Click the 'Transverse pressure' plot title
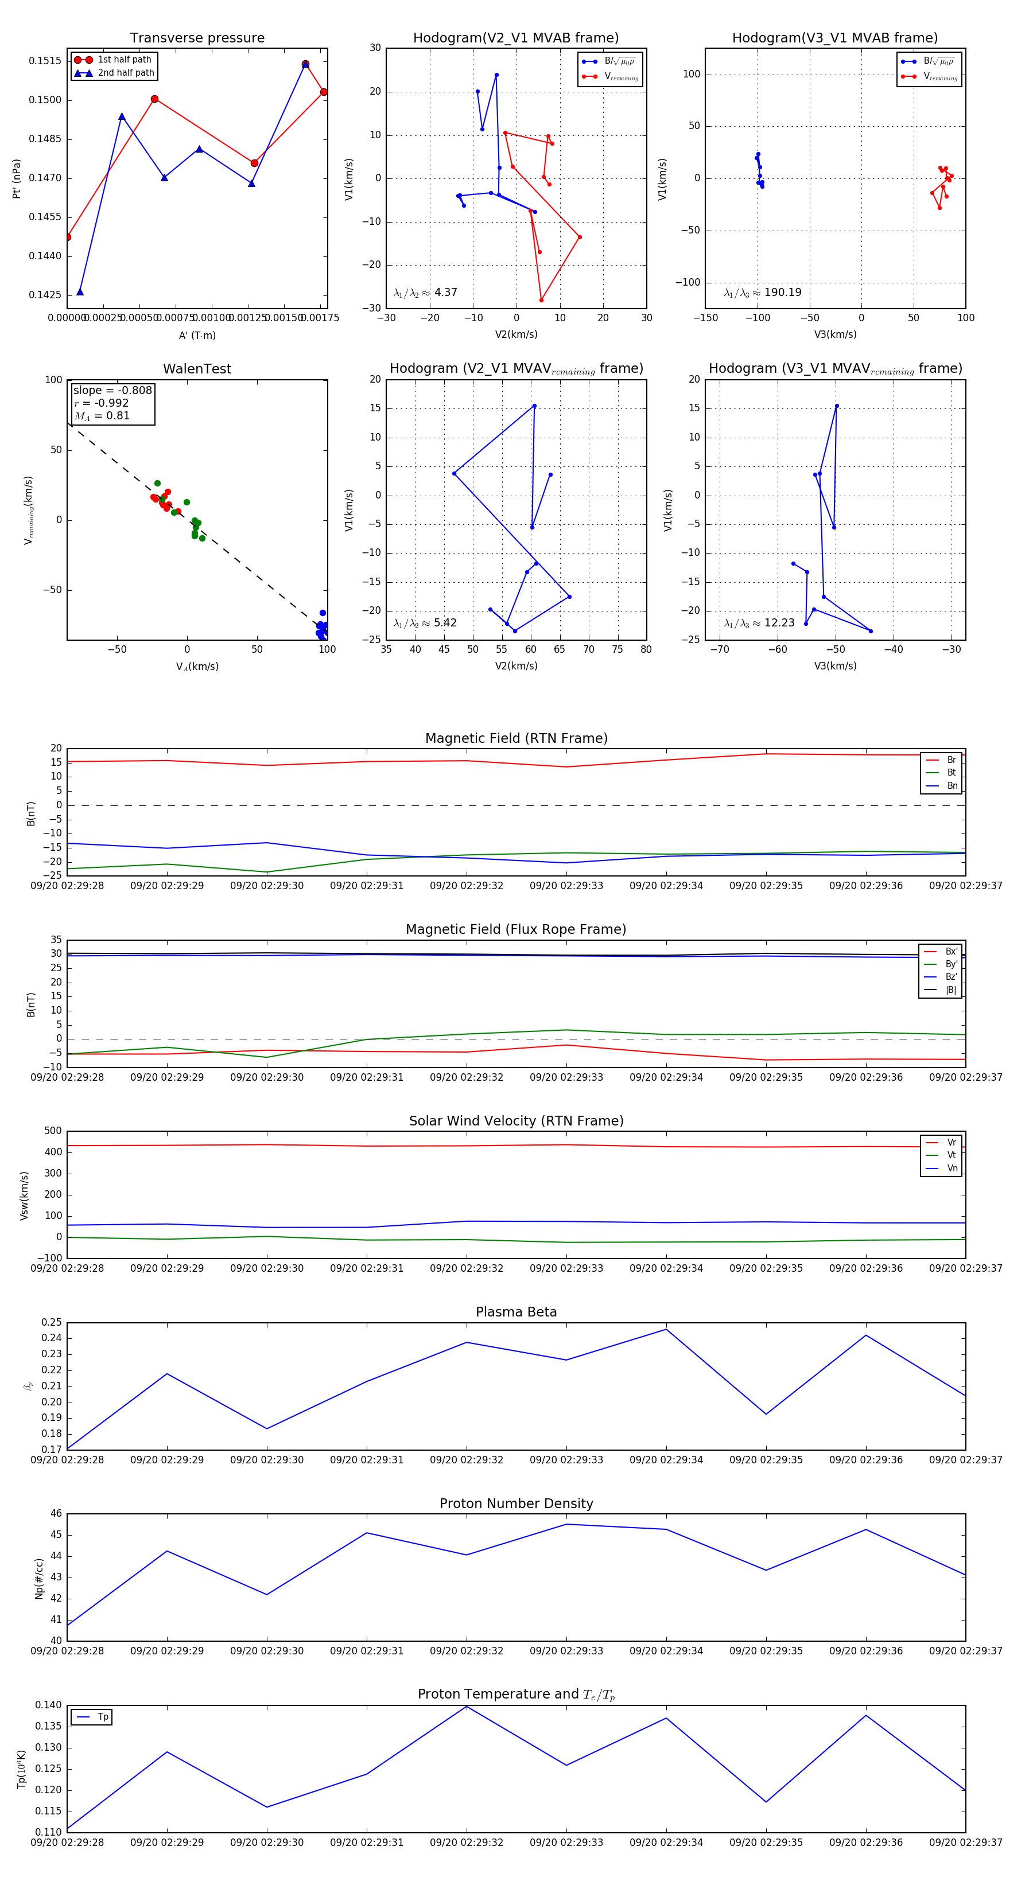(197, 38)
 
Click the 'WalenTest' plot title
(197, 369)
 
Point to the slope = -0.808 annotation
(112, 390)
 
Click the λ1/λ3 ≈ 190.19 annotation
(763, 293)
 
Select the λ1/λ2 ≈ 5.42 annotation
(425, 623)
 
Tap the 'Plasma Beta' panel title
(516, 1312)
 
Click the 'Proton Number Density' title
(516, 1504)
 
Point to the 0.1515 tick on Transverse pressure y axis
(45, 61)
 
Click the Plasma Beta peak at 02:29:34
(666, 1329)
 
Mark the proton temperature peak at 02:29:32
(466, 1707)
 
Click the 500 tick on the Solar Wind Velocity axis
(53, 1131)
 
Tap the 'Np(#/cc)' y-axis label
(39, 1579)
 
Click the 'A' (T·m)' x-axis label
(197, 335)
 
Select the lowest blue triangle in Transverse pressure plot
(80, 292)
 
